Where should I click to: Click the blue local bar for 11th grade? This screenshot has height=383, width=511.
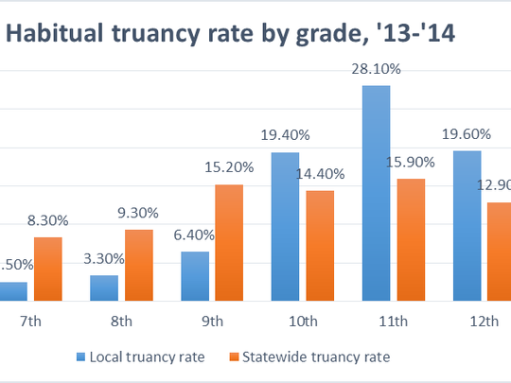(376, 193)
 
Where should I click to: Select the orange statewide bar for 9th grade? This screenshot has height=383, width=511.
(230, 242)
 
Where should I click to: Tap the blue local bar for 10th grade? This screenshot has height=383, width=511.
(286, 226)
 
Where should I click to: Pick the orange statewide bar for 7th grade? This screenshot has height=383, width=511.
(47, 269)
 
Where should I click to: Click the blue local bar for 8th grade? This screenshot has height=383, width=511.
(104, 287)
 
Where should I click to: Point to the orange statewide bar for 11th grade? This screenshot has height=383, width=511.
(411, 239)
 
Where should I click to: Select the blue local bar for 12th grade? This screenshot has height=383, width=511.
(467, 225)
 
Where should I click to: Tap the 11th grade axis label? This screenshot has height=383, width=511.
(393, 322)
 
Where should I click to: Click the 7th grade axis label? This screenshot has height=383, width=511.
(30, 322)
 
